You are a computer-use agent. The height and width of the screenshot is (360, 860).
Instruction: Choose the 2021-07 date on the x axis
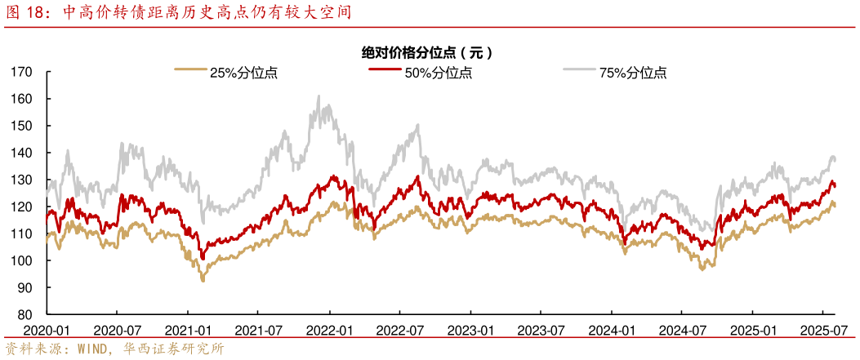coord(257,330)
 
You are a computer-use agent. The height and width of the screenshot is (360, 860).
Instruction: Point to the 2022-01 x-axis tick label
coord(328,330)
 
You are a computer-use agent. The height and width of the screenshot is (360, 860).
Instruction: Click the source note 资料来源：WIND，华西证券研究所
coord(114,349)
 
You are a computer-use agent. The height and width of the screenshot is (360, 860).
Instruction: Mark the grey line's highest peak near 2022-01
coord(318,96)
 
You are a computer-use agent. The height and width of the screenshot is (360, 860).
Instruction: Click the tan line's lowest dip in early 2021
coord(203,280)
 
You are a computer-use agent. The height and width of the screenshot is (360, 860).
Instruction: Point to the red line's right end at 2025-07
coord(835,186)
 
